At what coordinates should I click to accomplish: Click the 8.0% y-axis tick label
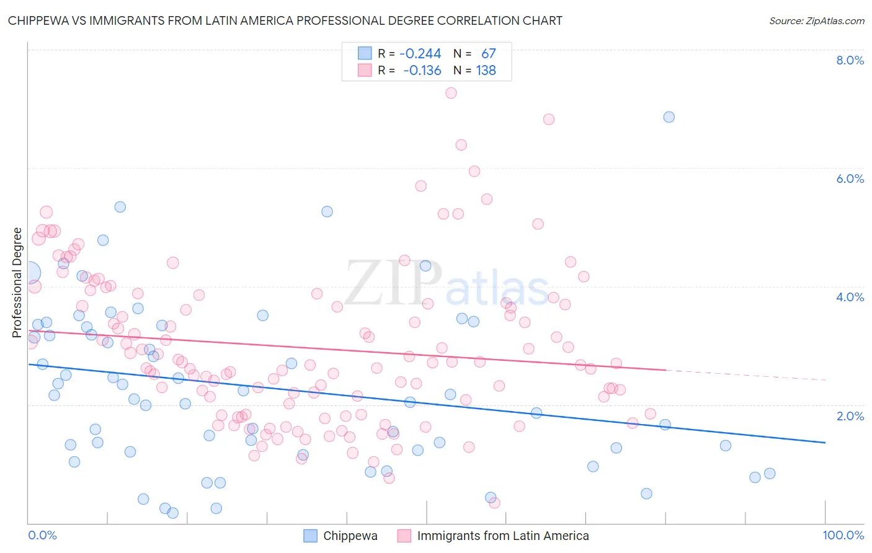[x=850, y=60]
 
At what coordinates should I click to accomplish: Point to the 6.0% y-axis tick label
[x=850, y=179]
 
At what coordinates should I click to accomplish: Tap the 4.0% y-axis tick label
[x=850, y=297]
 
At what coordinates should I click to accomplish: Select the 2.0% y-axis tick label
[x=850, y=416]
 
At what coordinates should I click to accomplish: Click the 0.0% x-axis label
[x=42, y=535]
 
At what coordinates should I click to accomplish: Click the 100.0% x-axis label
[x=843, y=535]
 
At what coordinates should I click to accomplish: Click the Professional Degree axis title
[x=17, y=283]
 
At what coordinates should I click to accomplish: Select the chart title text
[x=285, y=20]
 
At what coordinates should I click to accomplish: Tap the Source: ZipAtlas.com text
[x=816, y=20]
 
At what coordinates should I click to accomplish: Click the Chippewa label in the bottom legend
[x=350, y=536]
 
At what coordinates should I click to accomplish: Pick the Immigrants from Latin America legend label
[x=502, y=536]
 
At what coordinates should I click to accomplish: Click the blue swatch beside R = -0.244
[x=364, y=53]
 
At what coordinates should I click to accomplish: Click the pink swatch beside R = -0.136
[x=364, y=70]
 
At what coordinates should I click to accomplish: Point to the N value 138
[x=486, y=70]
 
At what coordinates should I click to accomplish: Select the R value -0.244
[x=420, y=53]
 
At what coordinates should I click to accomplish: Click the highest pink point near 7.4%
[x=451, y=93]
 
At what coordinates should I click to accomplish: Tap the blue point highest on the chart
[x=669, y=117]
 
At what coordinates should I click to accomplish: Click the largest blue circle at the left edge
[x=29, y=273]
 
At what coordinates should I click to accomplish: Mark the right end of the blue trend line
[x=825, y=443]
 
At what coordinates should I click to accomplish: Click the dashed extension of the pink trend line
[x=744, y=374]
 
